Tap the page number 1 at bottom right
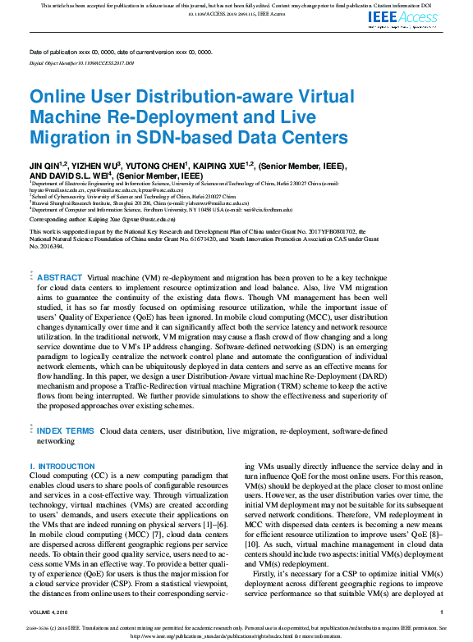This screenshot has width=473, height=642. click(441, 612)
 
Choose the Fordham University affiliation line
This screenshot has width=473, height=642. click(164, 209)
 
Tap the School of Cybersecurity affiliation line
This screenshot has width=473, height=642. click(140, 197)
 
